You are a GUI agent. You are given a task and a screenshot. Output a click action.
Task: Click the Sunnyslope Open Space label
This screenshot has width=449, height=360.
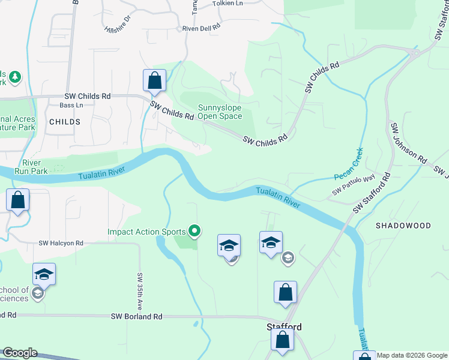click(x=220, y=112)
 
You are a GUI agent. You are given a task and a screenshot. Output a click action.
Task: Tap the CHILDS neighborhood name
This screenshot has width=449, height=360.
click(x=65, y=122)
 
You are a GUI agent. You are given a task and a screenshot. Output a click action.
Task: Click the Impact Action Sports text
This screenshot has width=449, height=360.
click(x=146, y=231)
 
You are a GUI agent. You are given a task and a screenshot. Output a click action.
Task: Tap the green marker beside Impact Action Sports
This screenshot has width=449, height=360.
click(x=194, y=230)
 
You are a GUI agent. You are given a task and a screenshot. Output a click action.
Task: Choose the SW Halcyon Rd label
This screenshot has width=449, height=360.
click(x=61, y=244)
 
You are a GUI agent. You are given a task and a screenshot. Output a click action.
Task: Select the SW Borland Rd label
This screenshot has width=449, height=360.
click(x=137, y=316)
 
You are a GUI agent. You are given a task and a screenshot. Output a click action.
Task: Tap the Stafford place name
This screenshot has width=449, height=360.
click(x=283, y=327)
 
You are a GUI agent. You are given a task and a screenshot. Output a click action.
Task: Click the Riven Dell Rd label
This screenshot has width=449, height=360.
click(x=201, y=27)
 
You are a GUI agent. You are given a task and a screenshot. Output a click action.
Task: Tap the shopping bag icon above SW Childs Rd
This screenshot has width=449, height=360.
click(x=154, y=80)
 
